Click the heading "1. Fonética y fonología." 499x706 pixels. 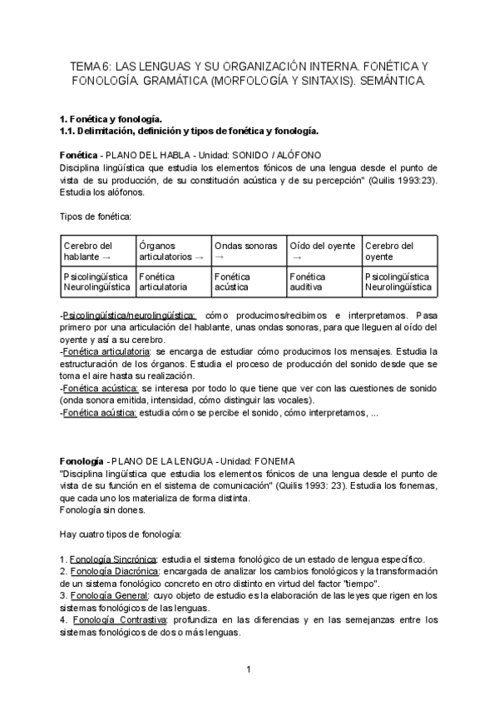[x=111, y=120]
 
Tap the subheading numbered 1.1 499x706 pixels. [x=189, y=132]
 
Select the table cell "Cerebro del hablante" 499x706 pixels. [x=96, y=251]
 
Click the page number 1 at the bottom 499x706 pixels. [x=248, y=669]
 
